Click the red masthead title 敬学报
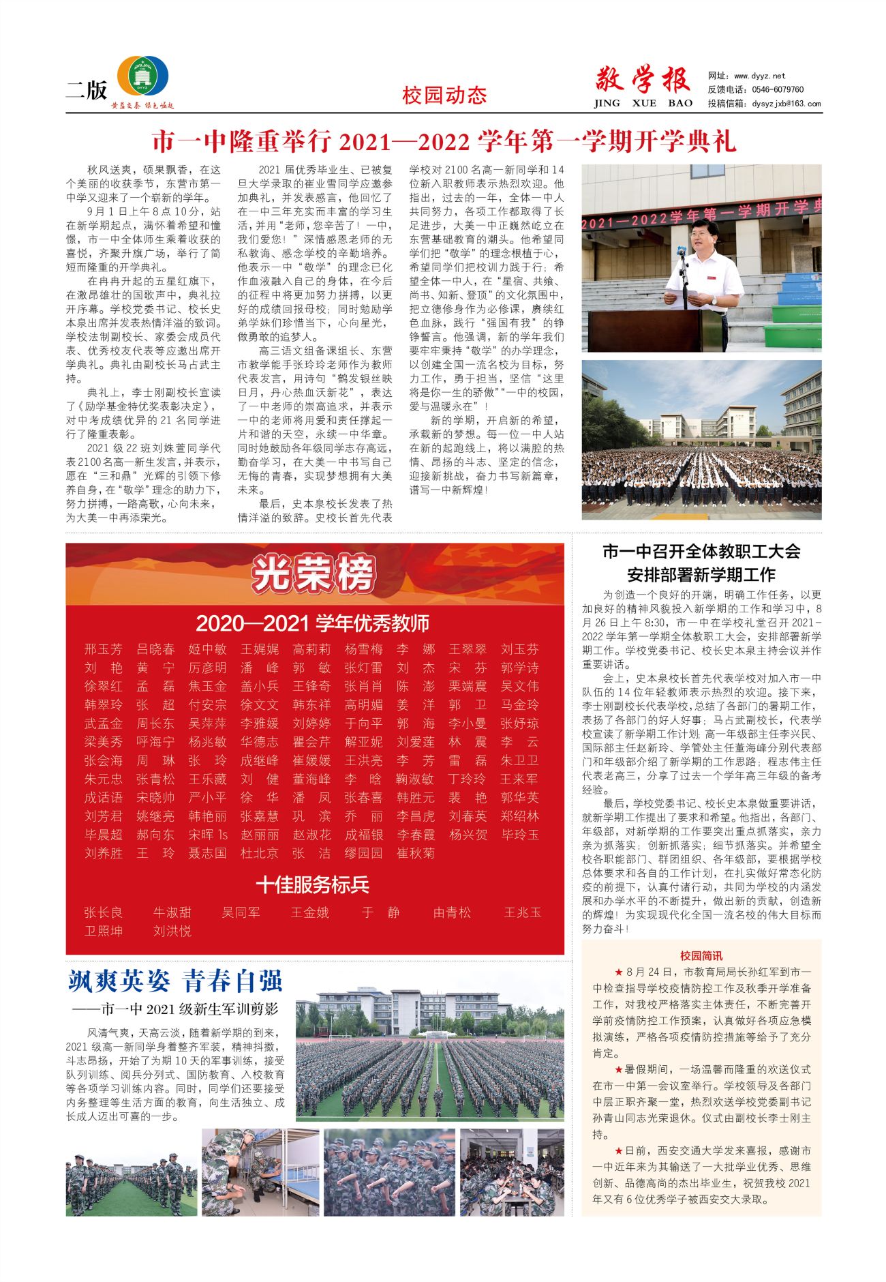[643, 79]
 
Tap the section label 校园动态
[444, 95]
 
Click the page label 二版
[87, 89]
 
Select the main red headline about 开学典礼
[444, 142]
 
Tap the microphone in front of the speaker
[682, 251]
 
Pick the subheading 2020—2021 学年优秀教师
[313, 623]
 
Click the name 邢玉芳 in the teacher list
[104, 649]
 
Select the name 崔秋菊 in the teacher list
[416, 853]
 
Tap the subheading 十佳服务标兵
[313, 885]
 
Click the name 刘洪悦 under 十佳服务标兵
[172, 931]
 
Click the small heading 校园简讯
[701, 956]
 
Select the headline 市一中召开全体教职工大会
[701, 551]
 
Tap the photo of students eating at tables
[512, 1172]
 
